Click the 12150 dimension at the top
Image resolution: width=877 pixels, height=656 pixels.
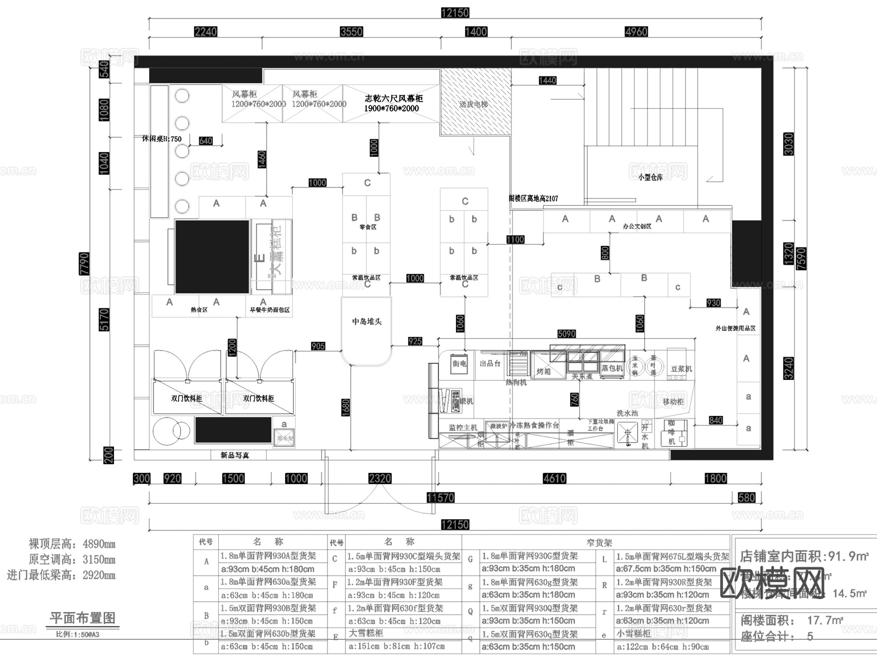coord(455,13)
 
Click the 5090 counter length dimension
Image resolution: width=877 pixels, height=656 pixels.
coord(566,334)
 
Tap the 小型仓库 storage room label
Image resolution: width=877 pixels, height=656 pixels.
coord(650,177)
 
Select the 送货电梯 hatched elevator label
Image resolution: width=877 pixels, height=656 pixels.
coord(474,104)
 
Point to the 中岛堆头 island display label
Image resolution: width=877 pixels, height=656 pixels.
coord(366,321)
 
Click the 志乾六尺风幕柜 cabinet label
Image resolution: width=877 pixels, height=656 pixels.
coord(393,103)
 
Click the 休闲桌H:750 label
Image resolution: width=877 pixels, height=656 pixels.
coord(162,139)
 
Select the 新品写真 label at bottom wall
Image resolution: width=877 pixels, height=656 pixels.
coord(235,455)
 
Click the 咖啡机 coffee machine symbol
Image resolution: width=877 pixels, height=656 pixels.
coord(673,432)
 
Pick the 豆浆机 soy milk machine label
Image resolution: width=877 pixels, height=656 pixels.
coord(681,369)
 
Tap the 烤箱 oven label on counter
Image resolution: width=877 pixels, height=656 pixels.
coord(543,371)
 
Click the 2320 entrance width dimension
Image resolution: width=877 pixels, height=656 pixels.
coord(380,478)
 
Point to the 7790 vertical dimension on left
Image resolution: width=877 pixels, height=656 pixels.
coord(84,263)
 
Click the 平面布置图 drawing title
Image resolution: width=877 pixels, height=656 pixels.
coord(82,618)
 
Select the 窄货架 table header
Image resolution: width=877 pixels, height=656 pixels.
coord(599,542)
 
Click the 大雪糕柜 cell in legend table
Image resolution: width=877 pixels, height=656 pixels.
coord(366,633)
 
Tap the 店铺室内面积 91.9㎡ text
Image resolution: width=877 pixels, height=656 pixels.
coord(804,556)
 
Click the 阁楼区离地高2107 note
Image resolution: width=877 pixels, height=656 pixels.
coord(533,199)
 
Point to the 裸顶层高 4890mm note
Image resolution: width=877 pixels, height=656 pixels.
coord(72,544)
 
